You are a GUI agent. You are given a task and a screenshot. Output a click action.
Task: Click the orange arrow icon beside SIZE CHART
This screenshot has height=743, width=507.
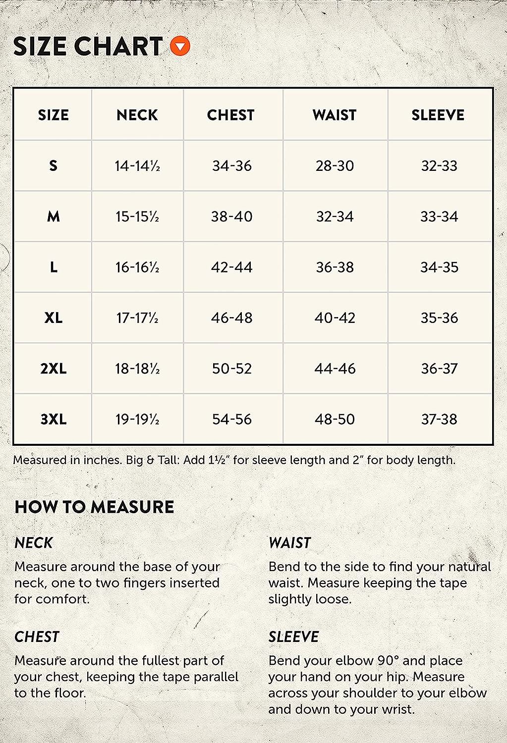[x=180, y=47]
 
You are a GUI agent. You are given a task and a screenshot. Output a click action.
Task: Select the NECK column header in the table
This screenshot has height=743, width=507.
[x=137, y=115]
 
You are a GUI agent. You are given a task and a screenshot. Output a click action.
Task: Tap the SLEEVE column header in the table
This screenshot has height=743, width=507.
[x=438, y=115]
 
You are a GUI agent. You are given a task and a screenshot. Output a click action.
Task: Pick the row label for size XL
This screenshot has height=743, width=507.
[x=53, y=318]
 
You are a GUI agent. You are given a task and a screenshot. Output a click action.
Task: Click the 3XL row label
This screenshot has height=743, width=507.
[x=53, y=420]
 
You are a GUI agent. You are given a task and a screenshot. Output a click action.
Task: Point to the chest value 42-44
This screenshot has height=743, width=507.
[x=232, y=267]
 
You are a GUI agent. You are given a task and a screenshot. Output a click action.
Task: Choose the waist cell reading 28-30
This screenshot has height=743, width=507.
[x=335, y=166]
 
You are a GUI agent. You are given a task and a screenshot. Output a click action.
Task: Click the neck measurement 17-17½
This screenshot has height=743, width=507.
[x=137, y=318]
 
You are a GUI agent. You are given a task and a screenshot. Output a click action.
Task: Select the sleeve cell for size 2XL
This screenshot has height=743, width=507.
[x=439, y=369]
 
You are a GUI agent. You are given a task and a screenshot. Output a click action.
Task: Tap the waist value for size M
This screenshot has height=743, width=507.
[x=335, y=216]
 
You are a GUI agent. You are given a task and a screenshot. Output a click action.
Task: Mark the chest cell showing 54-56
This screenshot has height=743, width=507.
[x=232, y=420]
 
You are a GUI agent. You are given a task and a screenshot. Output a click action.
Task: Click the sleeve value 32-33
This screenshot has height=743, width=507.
[x=439, y=166]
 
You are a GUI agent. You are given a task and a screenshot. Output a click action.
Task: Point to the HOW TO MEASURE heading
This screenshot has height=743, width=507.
[x=94, y=507]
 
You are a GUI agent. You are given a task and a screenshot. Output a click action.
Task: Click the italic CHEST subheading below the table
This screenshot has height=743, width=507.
[x=37, y=637]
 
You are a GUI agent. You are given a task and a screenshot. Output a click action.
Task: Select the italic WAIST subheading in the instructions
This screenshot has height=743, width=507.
[x=289, y=543]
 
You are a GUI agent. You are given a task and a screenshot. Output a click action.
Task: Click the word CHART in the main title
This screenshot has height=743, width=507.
[x=118, y=47]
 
